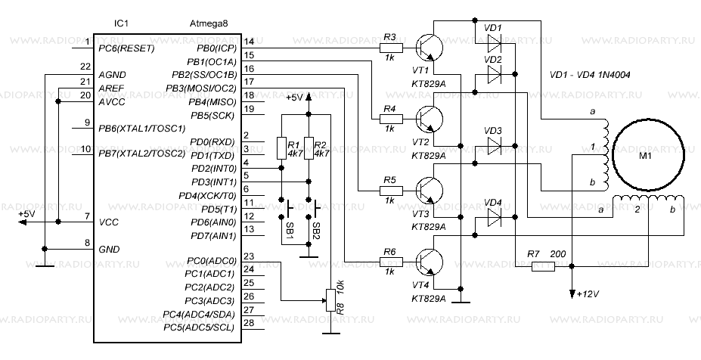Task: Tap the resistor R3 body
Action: point(390,49)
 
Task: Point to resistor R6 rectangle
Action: point(390,262)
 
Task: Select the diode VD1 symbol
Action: point(494,42)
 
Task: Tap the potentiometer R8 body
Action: point(329,299)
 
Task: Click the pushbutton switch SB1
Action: point(288,208)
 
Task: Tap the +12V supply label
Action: point(587,294)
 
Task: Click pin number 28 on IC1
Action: point(249,324)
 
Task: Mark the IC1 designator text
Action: point(121,24)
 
